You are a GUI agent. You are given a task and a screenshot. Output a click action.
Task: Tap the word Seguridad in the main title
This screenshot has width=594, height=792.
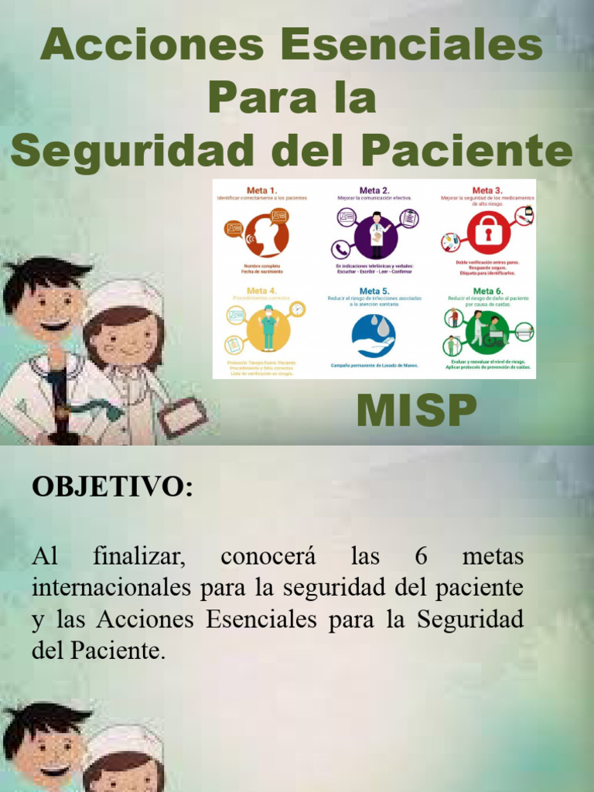click(132, 150)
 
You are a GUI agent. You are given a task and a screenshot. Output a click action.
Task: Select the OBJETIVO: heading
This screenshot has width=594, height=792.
click(111, 487)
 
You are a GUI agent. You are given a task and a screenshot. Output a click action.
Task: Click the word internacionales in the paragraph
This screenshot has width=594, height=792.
click(111, 587)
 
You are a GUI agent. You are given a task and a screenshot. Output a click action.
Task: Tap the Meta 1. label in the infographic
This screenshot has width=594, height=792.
click(261, 189)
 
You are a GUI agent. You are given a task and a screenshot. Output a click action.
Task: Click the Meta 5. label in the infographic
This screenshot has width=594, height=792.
click(374, 291)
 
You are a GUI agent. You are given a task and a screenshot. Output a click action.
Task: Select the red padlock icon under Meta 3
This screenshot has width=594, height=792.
click(488, 231)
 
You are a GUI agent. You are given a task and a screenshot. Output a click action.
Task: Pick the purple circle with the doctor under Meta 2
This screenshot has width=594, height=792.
click(376, 237)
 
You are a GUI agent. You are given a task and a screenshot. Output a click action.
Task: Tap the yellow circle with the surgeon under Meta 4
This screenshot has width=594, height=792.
click(268, 329)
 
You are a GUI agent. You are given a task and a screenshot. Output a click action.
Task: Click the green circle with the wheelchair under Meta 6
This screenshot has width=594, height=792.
click(488, 331)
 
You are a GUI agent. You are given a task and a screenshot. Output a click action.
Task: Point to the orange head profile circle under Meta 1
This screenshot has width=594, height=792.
click(266, 234)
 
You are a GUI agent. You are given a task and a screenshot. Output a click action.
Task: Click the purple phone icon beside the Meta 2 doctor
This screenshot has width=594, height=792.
click(340, 249)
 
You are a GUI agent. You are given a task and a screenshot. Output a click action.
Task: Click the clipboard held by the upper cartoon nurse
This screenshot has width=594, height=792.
click(183, 418)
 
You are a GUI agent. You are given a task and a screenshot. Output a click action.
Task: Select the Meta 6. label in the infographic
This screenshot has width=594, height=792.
click(487, 291)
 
